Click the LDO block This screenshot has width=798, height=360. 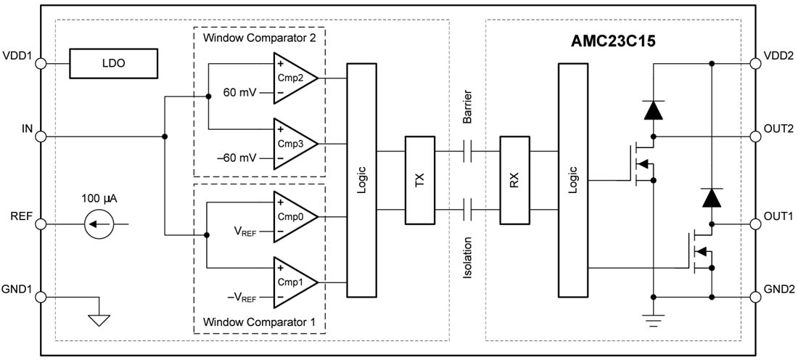(x=113, y=64)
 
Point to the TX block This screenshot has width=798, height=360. (x=419, y=181)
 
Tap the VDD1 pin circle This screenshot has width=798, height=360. (x=41, y=64)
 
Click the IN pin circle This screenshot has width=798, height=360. (x=41, y=136)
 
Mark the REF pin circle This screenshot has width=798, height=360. (x=41, y=224)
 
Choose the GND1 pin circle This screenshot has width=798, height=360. (x=41, y=297)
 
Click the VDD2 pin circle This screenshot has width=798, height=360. (x=757, y=64)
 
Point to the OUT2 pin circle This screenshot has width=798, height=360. (x=757, y=136)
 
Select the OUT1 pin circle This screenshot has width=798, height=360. (x=757, y=224)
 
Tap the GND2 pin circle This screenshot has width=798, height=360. (x=757, y=297)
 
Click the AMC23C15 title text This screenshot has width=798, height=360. (x=613, y=41)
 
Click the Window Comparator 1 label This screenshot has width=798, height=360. (x=259, y=321)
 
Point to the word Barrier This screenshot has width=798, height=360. (x=468, y=108)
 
